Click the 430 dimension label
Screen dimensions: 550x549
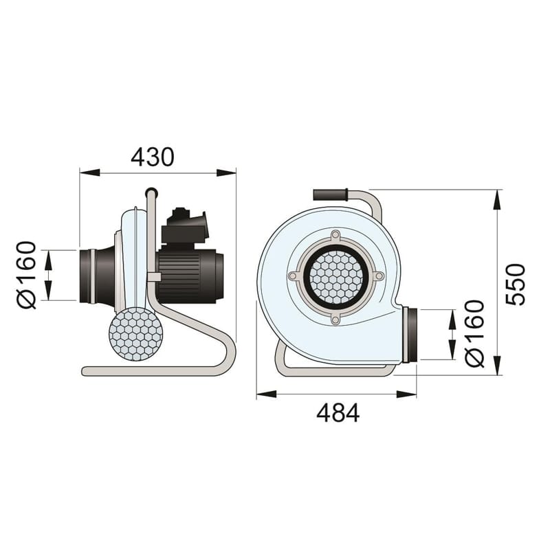point(152,157)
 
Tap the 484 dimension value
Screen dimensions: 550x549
point(338,413)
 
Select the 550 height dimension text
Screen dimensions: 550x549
point(516,284)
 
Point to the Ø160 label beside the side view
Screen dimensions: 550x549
point(27,275)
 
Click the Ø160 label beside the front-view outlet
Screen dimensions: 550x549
point(474,333)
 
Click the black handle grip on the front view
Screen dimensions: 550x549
point(330,195)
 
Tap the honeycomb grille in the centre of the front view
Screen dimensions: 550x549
point(336,278)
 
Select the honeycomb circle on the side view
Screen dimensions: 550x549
point(135,335)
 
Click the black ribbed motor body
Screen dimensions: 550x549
point(190,276)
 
